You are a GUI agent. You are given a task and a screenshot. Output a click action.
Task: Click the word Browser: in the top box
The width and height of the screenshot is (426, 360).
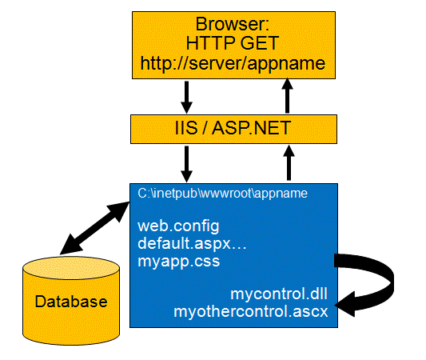(233, 24)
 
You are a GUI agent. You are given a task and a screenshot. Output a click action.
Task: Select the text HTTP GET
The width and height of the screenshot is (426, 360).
(233, 43)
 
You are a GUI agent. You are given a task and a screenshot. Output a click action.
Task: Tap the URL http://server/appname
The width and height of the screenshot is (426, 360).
(233, 64)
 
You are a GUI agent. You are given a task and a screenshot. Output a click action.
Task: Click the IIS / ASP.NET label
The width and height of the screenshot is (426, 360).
(233, 128)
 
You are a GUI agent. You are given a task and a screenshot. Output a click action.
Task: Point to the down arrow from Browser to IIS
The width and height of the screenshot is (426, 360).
(187, 98)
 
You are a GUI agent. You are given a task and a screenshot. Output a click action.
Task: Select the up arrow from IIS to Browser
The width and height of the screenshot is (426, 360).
(287, 96)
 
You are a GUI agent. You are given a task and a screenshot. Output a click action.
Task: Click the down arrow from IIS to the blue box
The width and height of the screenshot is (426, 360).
(187, 164)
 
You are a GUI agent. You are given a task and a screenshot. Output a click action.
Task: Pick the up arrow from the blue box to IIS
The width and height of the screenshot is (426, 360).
(289, 162)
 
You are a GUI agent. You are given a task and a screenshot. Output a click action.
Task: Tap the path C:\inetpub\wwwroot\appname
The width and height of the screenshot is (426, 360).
(222, 194)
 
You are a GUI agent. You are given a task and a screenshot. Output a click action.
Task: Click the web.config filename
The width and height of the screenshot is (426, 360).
(178, 226)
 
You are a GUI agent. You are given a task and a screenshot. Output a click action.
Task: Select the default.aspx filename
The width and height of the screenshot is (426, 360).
(192, 244)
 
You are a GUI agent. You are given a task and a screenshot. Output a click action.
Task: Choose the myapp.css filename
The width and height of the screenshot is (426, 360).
(179, 262)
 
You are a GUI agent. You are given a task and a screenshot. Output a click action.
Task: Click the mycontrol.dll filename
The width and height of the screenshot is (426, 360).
(279, 294)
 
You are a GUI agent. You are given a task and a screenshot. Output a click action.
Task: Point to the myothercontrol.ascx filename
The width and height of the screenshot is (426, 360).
(251, 312)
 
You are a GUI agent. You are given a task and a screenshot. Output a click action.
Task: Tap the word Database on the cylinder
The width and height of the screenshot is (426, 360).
(71, 302)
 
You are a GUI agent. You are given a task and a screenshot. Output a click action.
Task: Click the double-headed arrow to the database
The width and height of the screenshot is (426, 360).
(94, 228)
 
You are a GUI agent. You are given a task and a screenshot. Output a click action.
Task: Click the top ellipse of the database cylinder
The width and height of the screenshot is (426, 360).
(71, 268)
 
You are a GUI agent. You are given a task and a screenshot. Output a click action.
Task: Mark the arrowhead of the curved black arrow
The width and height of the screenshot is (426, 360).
(345, 304)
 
